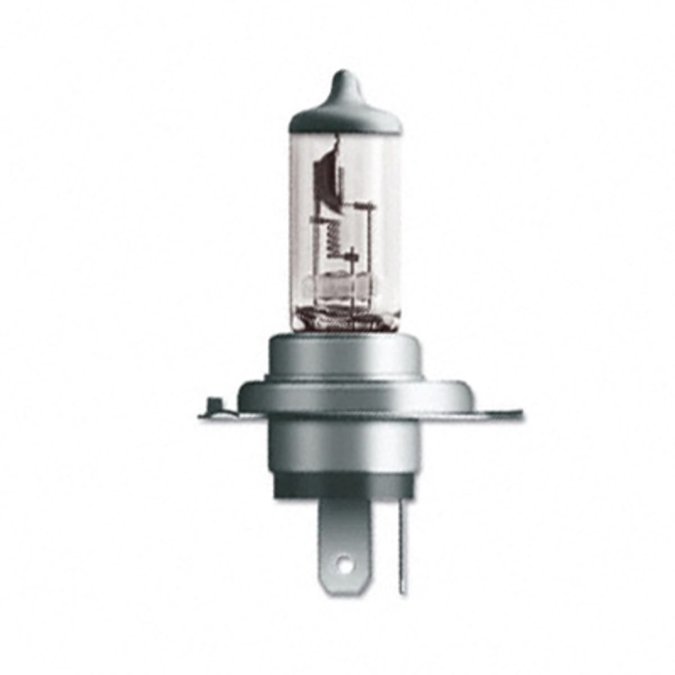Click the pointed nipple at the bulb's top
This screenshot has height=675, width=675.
coord(344,79)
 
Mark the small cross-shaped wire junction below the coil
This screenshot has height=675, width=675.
coord(353,255)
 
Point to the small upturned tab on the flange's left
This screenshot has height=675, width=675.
coord(212,404)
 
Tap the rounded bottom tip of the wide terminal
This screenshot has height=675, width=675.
coord(344,582)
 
